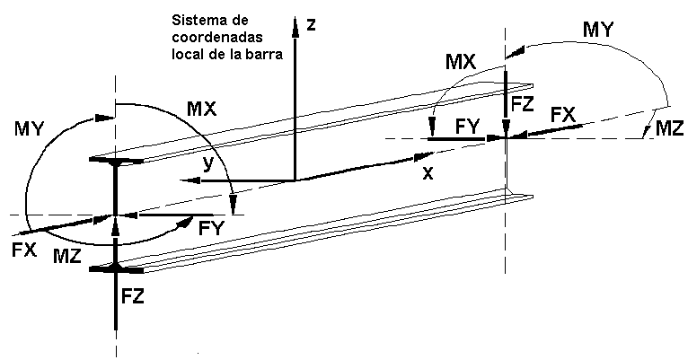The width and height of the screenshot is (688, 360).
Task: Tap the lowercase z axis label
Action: (311, 24)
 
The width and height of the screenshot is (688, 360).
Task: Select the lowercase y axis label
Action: (208, 164)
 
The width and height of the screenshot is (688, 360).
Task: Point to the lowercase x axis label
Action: (428, 173)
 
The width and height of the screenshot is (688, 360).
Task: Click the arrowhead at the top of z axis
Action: (295, 27)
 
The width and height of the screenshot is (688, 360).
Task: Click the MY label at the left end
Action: (30, 129)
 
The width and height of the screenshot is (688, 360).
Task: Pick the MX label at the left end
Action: (202, 110)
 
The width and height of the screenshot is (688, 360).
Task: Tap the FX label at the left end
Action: (23, 250)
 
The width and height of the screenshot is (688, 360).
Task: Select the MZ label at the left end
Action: (67, 257)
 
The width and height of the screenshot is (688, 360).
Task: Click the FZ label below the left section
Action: (133, 297)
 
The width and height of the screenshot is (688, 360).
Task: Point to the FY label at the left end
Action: (211, 229)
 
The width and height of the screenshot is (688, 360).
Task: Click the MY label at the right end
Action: (598, 31)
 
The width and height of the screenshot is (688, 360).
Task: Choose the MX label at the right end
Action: (461, 62)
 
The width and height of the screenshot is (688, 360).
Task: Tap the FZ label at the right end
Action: (522, 104)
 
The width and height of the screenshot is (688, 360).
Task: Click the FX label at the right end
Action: (563, 115)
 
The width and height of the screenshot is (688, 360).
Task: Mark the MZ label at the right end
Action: (669, 128)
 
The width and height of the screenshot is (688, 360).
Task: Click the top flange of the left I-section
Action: (116, 160)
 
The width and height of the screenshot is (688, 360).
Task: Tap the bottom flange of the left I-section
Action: (116, 268)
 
